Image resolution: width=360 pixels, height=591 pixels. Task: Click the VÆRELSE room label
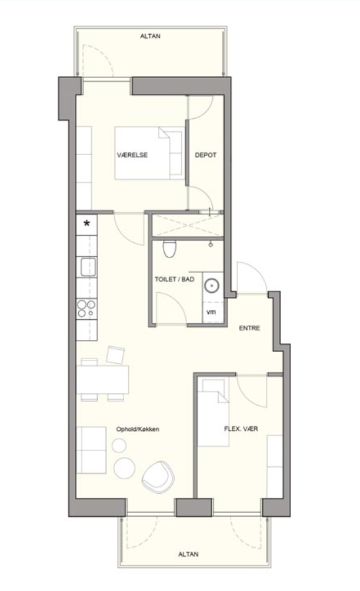pyautogui.click(x=132, y=155)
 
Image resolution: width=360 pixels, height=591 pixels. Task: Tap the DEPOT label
pyautogui.click(x=206, y=155)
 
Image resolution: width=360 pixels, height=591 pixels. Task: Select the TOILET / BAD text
pyautogui.click(x=175, y=279)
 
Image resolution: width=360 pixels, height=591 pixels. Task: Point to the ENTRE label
pyautogui.click(x=250, y=328)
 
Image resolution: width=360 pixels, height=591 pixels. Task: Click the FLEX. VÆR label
pyautogui.click(x=241, y=429)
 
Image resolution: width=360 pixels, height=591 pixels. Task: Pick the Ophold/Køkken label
pyautogui.click(x=137, y=429)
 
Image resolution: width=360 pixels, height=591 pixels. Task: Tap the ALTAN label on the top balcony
pyautogui.click(x=150, y=36)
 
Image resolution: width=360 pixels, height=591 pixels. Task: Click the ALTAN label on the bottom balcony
pyautogui.click(x=188, y=554)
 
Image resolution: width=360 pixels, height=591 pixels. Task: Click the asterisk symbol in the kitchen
pyautogui.click(x=87, y=223)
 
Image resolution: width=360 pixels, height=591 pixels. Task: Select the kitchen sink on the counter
pyautogui.click(x=88, y=267)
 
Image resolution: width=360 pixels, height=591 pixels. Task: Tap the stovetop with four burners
pyautogui.click(x=87, y=309)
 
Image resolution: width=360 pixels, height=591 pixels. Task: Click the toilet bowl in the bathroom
pyautogui.click(x=169, y=249)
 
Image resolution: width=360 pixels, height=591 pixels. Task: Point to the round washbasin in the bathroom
pyautogui.click(x=212, y=286)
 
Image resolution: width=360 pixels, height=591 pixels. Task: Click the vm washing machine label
pyautogui.click(x=211, y=312)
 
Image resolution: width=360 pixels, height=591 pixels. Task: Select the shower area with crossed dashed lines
pyautogui.click(x=187, y=225)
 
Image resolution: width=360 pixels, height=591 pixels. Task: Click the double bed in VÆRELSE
pyautogui.click(x=150, y=153)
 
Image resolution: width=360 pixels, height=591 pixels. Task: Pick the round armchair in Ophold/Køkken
pyautogui.click(x=158, y=477)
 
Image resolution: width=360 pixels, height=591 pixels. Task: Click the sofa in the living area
pyautogui.click(x=91, y=450)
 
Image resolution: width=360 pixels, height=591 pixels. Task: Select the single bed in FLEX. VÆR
pyautogui.click(x=214, y=412)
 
